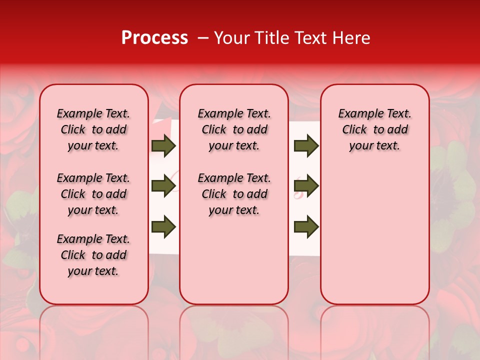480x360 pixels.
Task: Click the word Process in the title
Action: click(154, 38)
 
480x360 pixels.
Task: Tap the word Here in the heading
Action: click(352, 38)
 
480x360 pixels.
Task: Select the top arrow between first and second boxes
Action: click(163, 146)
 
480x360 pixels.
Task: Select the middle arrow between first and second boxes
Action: click(163, 186)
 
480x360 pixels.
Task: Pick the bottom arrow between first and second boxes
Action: click(163, 226)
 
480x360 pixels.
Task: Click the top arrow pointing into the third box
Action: click(306, 146)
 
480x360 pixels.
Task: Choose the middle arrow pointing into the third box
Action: click(306, 186)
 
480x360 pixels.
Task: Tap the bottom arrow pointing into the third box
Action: click(306, 226)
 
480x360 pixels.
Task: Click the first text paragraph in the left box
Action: click(93, 129)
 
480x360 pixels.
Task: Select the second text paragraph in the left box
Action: click(93, 194)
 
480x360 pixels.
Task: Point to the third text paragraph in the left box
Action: click(93, 255)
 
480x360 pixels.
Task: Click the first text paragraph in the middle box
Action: click(234, 129)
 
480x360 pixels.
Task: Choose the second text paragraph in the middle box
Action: click(234, 194)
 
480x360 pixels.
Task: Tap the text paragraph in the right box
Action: click(374, 129)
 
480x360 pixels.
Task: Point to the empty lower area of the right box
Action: click(374, 235)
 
